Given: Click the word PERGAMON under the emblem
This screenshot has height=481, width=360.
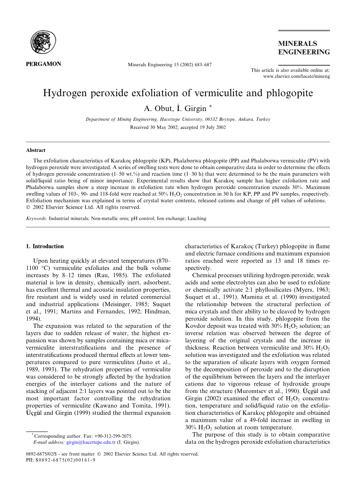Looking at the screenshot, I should point(43,64).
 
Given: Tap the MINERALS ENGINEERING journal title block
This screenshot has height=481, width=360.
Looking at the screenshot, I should point(304,48).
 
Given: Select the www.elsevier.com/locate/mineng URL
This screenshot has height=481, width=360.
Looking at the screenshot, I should point(297,77).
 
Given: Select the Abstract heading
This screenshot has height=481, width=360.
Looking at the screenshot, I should point(36,150).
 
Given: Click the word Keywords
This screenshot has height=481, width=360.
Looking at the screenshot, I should point(36,218).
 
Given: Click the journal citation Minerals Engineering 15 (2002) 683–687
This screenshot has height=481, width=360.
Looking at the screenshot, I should point(170,65).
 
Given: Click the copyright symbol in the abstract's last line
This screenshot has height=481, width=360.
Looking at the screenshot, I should point(28,208).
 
